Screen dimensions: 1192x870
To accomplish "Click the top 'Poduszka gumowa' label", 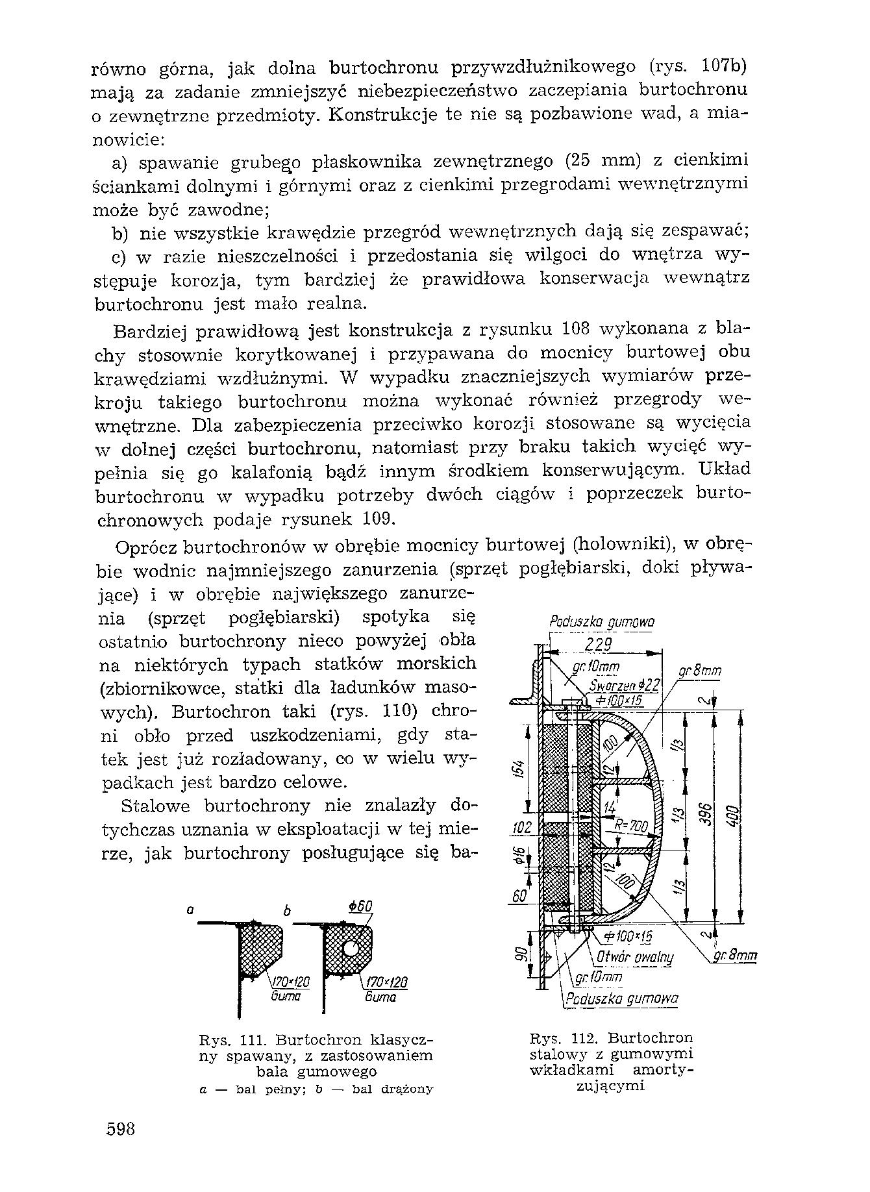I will (602, 622).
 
